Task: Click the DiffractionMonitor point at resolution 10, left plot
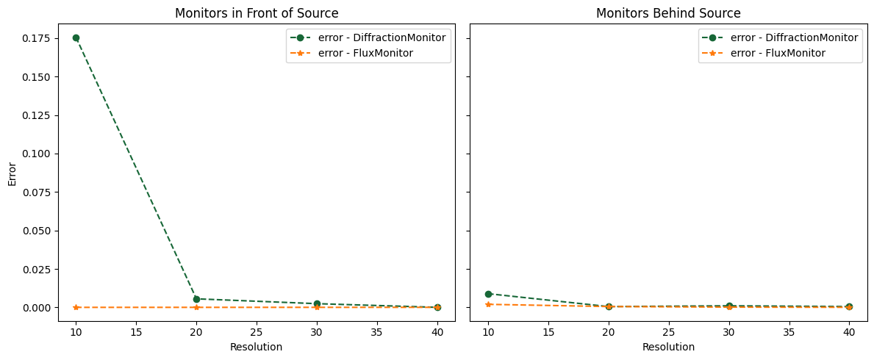pyautogui.click(x=76, y=37)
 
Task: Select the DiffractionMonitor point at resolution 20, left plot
pyautogui.click(x=196, y=299)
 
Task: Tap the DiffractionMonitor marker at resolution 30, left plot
pyautogui.click(x=317, y=303)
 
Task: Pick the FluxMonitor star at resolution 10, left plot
pyautogui.click(x=76, y=307)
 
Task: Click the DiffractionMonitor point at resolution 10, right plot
pyautogui.click(x=488, y=294)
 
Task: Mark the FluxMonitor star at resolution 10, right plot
pyautogui.click(x=488, y=304)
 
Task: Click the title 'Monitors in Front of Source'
pyautogui.click(x=257, y=13)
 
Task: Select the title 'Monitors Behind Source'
pyautogui.click(x=668, y=13)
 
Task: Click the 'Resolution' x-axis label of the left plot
pyautogui.click(x=256, y=347)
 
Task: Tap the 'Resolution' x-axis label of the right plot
pyautogui.click(x=668, y=347)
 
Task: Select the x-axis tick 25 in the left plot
pyautogui.click(x=257, y=333)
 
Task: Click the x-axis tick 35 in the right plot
pyautogui.click(x=789, y=333)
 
